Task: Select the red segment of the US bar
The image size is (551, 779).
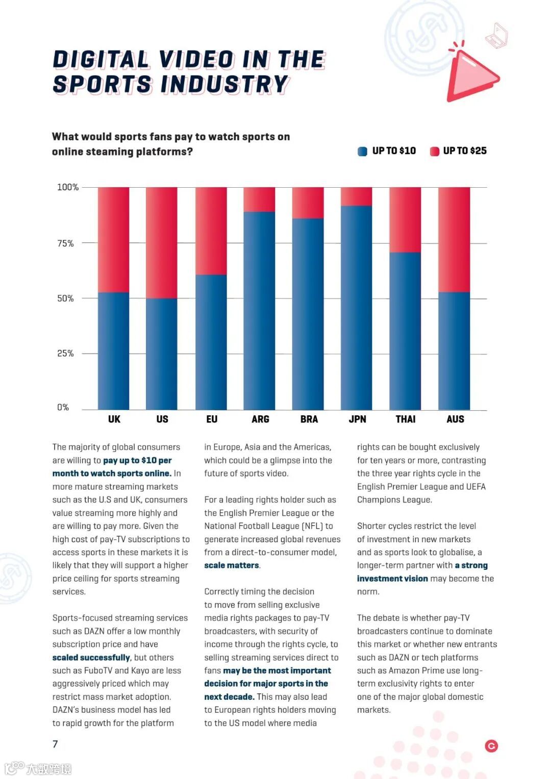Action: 162,242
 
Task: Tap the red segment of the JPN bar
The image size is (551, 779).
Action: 357,196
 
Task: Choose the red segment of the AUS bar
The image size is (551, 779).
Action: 454,239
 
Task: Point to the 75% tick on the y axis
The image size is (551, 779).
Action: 65,243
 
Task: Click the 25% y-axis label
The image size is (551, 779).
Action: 65,354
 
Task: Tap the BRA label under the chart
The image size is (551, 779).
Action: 309,419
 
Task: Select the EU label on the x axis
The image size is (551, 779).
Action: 212,419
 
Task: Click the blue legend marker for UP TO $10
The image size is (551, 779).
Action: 363,152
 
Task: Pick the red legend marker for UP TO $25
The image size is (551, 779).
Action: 435,152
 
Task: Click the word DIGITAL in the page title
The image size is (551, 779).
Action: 101,60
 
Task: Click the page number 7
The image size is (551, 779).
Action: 55,744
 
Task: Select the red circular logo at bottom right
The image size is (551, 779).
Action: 491,746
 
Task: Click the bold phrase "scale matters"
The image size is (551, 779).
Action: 232,565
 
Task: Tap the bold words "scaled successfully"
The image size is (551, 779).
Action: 91,658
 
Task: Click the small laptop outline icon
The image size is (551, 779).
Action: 496,36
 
